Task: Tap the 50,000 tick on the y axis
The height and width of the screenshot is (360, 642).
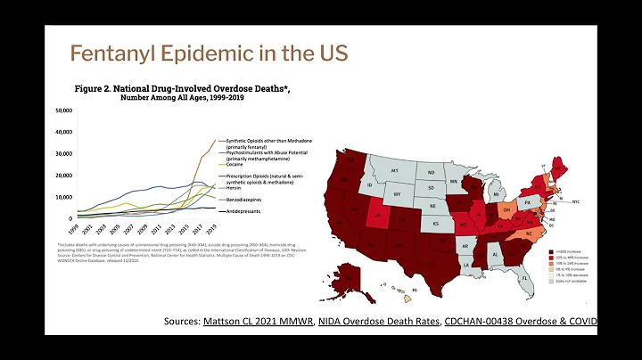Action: pos(64,110)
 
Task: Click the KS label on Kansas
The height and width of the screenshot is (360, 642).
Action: pos(436,223)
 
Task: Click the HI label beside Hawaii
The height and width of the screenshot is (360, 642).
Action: pos(414,291)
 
